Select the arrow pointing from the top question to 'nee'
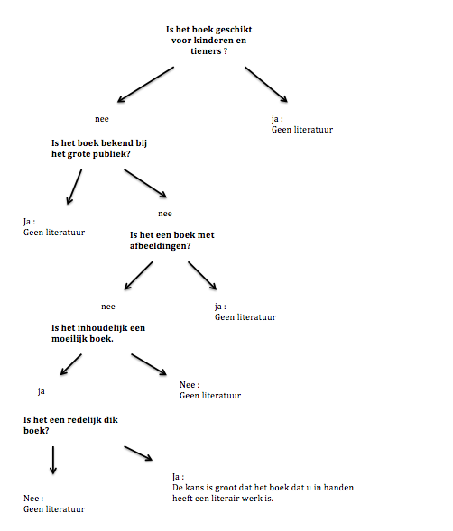pos(145,84)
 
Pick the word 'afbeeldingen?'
pos(161,245)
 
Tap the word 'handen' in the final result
pos(337,487)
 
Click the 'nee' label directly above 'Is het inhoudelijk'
pos(108,306)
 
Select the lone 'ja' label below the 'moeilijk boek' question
pos(42,391)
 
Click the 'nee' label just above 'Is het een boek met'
pos(164,214)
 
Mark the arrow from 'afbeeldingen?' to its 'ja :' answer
pos(203,276)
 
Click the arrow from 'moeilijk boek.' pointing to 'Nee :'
pos(149,364)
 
